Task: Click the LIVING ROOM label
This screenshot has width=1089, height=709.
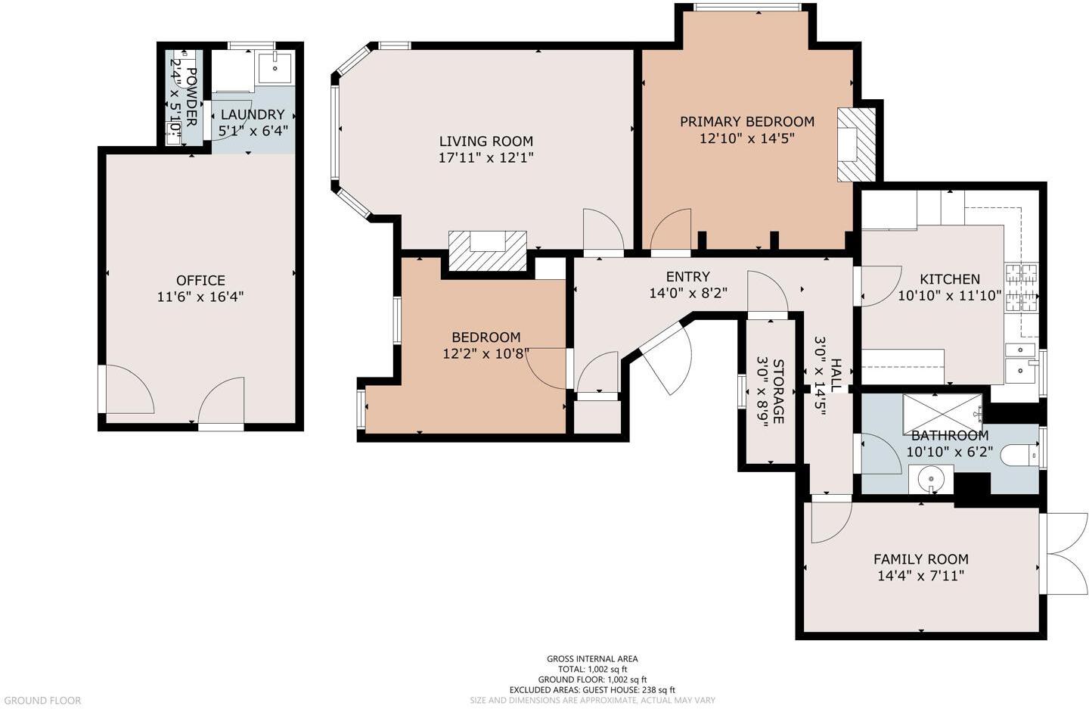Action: (486, 141)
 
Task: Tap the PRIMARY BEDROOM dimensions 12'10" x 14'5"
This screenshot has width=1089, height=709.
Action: (746, 138)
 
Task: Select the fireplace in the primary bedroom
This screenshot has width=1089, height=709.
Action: (855, 144)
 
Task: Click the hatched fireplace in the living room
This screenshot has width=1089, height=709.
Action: (487, 250)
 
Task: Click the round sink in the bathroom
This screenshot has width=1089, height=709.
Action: (930, 479)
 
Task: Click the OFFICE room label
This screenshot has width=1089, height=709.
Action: (200, 280)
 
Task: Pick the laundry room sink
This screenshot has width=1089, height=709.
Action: (275, 67)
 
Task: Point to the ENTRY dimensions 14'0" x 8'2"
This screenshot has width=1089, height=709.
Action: (687, 294)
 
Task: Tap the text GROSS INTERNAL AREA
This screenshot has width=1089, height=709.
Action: (592, 659)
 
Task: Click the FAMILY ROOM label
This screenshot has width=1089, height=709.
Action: (920, 559)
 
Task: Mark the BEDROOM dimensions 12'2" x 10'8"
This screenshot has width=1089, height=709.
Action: (486, 353)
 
